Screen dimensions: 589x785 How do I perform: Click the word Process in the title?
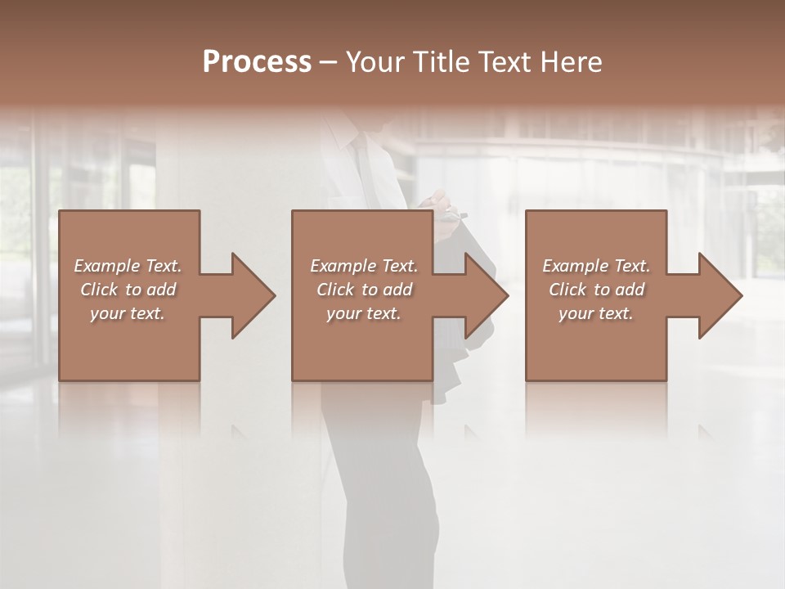tap(257, 62)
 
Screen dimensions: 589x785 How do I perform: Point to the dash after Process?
tap(329, 62)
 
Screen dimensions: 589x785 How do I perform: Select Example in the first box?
tap(106, 266)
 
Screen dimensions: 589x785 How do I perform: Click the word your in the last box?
tap(575, 313)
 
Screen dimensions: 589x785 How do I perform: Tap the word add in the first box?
tap(163, 290)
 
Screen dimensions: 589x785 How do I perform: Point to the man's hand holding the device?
tap(442, 205)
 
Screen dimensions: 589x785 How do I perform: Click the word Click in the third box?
tap(567, 290)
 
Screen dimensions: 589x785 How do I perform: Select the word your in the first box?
tap(106, 313)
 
